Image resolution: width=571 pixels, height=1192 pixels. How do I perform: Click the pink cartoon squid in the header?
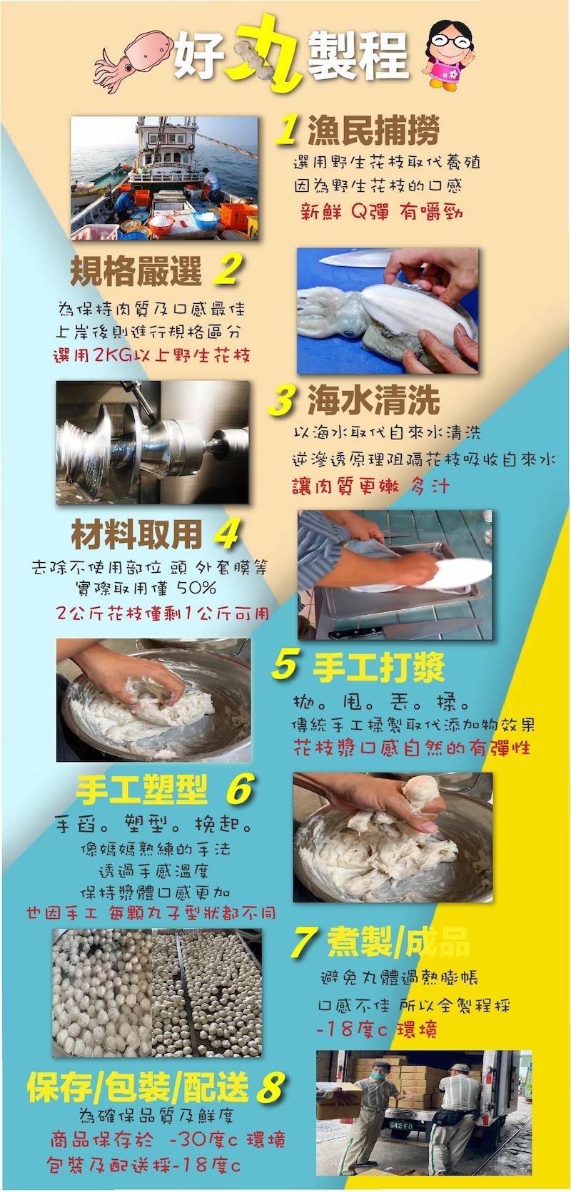[x=133, y=58]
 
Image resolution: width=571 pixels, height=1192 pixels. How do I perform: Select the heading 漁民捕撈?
[x=373, y=130]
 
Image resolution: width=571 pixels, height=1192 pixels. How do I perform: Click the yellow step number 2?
[x=228, y=269]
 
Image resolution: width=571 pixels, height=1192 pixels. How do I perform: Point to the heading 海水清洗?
[x=373, y=400]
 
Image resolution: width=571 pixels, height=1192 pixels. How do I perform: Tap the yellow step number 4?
[x=226, y=534]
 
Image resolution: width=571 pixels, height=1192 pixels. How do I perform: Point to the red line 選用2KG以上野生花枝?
[x=152, y=355]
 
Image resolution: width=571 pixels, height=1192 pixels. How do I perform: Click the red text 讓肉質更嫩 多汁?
[x=370, y=485]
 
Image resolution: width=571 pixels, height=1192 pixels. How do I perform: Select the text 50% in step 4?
[x=196, y=588]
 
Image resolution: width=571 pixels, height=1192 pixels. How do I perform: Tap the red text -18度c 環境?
[x=377, y=1029]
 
